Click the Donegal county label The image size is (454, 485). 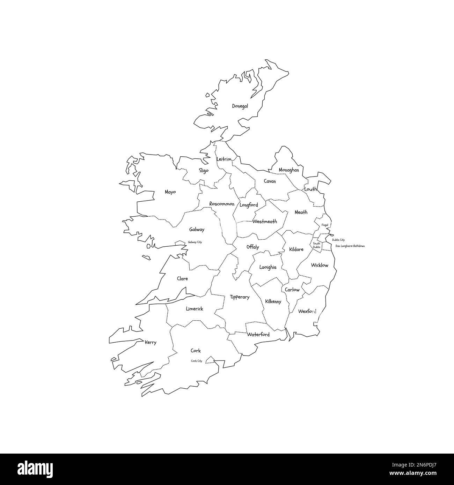tap(240, 106)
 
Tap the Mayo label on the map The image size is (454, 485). tap(170, 192)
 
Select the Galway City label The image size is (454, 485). tap(195, 242)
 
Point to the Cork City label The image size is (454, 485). tap(197, 361)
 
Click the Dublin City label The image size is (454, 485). tap(338, 240)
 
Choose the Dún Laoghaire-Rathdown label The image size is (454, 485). tap(350, 246)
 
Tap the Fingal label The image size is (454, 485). tap(325, 225)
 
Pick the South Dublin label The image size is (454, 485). tap(316, 245)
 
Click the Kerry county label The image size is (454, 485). tap(151, 343)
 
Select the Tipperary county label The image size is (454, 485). tap(240, 297)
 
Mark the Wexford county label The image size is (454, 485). tap(307, 311)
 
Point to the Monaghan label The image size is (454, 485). tap(289, 170)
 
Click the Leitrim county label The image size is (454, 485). tap(224, 159)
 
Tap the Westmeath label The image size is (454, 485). tap(265, 222)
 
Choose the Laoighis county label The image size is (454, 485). tap(268, 267)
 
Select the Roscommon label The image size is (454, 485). tap(222, 204)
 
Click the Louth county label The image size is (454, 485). tap(310, 189)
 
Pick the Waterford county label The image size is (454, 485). tap(258, 335)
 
